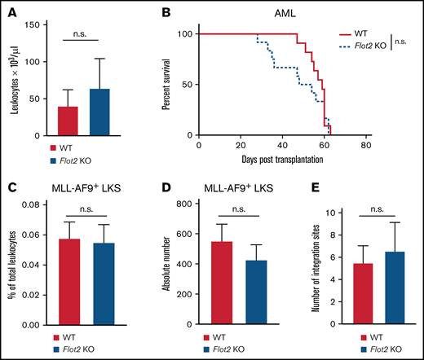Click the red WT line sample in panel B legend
(x=349, y=36)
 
